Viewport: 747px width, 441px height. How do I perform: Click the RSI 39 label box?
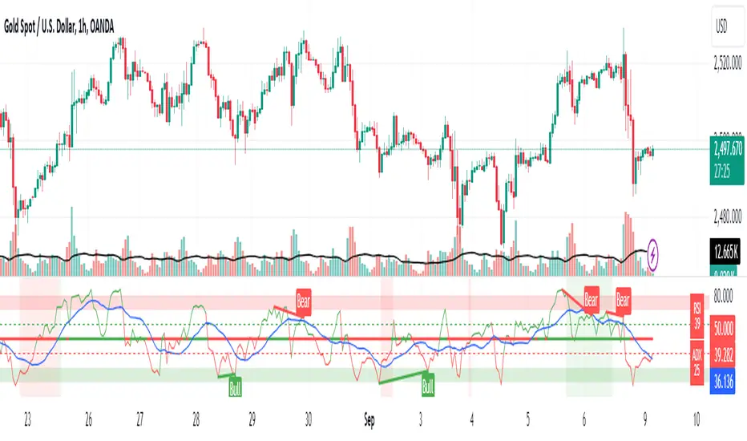point(697,310)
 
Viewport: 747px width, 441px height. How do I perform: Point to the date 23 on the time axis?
point(28,418)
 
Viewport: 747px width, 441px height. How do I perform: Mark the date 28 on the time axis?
point(196,418)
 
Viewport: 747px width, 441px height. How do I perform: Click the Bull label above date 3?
point(429,386)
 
